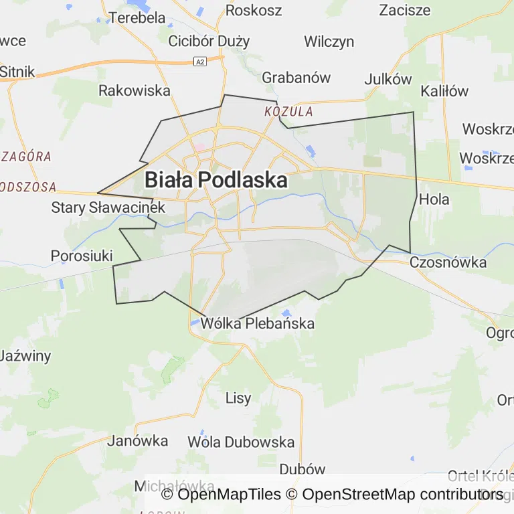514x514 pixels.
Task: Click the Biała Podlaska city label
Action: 216,180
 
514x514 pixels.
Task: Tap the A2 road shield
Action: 199,62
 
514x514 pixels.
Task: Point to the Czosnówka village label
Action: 448,262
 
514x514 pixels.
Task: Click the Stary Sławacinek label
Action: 108,207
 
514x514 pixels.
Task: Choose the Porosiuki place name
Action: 82,256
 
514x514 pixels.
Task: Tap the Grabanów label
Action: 296,78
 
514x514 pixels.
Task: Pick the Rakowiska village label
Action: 135,91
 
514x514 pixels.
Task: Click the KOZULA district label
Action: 288,111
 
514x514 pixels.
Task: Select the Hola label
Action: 434,199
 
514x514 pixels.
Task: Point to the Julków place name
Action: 388,79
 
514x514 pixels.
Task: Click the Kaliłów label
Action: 444,91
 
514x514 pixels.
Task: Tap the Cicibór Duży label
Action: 209,41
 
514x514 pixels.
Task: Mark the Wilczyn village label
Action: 329,41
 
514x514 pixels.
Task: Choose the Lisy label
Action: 238,398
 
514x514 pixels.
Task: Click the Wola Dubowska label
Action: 241,442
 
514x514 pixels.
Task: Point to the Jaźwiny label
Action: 25,355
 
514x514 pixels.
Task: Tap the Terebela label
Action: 137,17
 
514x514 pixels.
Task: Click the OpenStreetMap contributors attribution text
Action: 402,495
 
